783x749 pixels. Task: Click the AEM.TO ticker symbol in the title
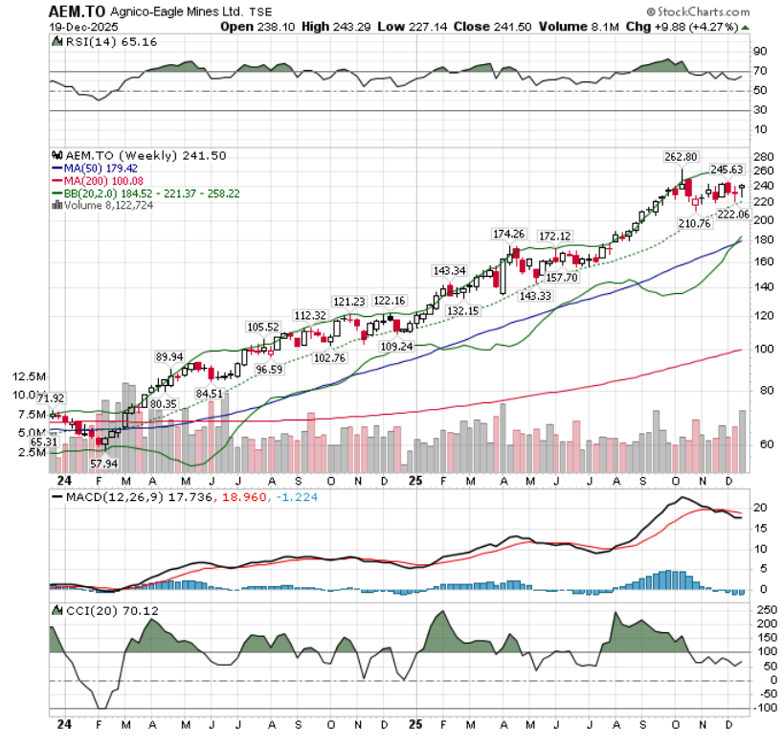78,11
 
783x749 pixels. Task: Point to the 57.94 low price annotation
102,463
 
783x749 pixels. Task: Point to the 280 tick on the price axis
762,157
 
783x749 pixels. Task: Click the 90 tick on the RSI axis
759,52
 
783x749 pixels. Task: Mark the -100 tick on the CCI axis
762,708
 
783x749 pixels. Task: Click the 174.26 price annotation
510,234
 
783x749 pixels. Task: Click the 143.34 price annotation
450,271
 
